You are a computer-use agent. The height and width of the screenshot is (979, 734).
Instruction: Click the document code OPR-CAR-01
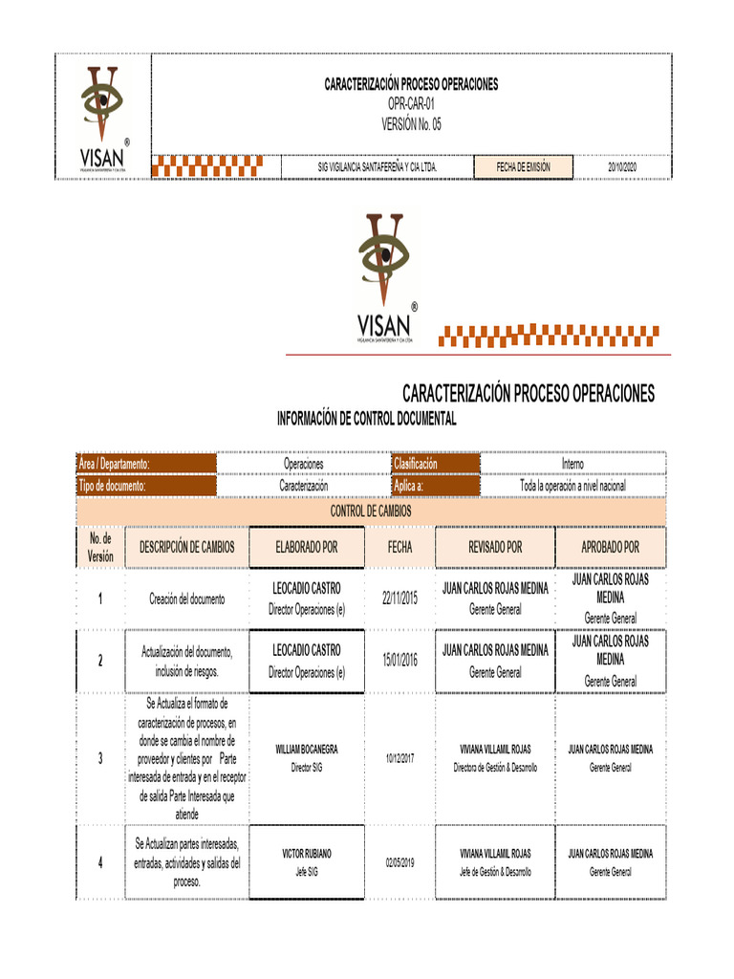[x=411, y=103]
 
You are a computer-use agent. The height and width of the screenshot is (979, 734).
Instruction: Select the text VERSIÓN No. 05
[x=411, y=123]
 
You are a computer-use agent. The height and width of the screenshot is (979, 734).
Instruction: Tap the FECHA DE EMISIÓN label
[x=523, y=167]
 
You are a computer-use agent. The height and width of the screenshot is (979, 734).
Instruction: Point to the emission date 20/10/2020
[x=622, y=167]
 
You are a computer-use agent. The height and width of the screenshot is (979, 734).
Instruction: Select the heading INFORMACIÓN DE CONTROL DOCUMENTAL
[x=366, y=419]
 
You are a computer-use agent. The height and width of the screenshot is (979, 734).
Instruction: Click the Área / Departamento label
[x=115, y=464]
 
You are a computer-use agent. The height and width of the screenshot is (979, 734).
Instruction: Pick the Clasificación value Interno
[x=572, y=464]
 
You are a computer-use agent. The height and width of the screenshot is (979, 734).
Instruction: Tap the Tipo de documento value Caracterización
[x=303, y=486]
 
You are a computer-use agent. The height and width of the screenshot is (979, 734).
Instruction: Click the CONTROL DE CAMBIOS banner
[x=371, y=511]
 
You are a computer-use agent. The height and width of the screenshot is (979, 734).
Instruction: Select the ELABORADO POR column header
[x=306, y=548]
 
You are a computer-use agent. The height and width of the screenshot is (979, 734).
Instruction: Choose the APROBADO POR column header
[x=610, y=548]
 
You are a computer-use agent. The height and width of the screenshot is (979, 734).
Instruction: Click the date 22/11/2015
[x=399, y=598]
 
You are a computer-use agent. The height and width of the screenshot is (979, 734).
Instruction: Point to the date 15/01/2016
[x=399, y=660]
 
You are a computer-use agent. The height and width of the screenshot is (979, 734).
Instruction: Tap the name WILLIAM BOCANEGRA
[x=306, y=750]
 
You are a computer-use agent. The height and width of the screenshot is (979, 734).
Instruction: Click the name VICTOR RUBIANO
[x=306, y=853]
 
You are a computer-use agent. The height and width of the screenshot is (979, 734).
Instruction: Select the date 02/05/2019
[x=399, y=861]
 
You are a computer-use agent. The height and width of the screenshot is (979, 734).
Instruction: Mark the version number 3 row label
[x=100, y=758]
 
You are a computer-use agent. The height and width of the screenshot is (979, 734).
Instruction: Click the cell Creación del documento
[x=187, y=599]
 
